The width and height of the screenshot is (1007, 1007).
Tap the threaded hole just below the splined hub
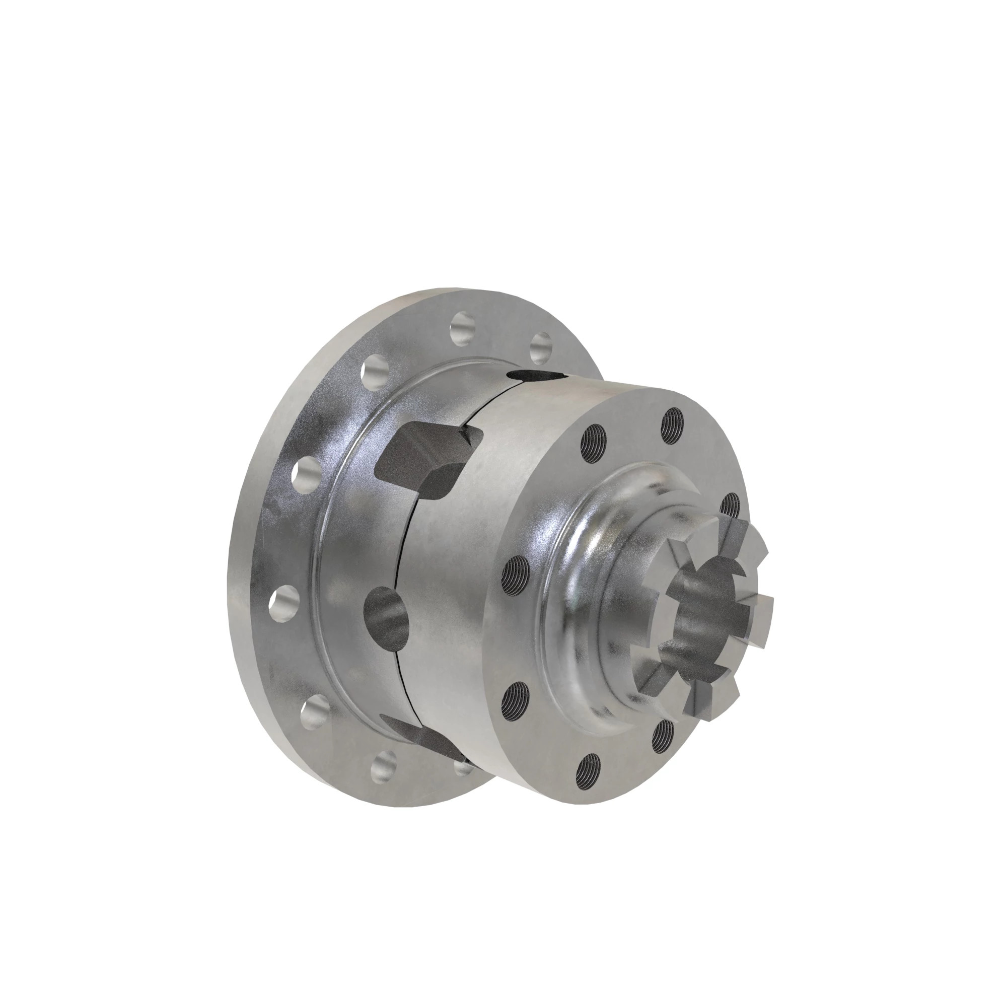pyautogui.click(x=663, y=735)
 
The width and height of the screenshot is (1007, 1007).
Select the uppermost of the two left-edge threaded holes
pyautogui.click(x=517, y=571)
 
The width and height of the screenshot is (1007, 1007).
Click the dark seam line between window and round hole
pyautogui.click(x=404, y=547)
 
